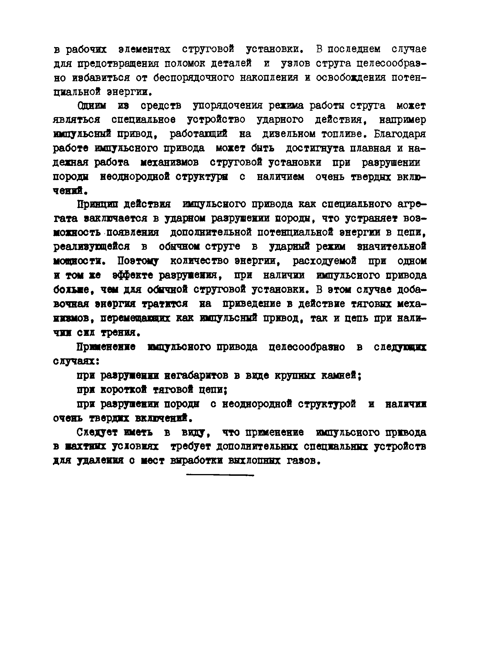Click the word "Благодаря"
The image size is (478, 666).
[400, 134]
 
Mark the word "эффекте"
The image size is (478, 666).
[132, 275]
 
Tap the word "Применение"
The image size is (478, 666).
[106, 347]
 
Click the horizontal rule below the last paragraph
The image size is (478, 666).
[220, 475]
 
